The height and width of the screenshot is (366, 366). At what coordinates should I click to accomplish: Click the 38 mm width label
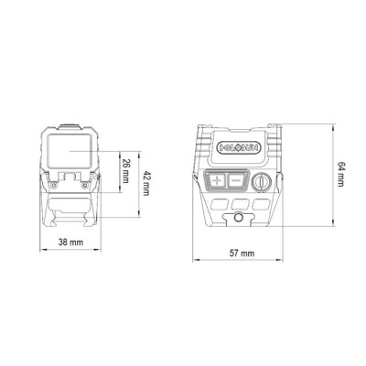click(70, 242)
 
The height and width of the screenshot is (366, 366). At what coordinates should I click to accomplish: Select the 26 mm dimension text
click(125, 171)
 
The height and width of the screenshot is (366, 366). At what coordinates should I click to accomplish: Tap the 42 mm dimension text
click(145, 183)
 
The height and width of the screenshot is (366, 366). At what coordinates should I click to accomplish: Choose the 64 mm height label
click(340, 175)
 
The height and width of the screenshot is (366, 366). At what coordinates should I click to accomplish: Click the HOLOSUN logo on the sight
click(240, 148)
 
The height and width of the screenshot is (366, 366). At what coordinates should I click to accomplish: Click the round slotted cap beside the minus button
click(262, 181)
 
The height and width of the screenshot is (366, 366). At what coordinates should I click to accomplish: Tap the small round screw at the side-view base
click(239, 218)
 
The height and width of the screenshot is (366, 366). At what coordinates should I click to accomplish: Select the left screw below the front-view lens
click(53, 185)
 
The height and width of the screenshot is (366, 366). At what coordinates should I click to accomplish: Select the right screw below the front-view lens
click(84, 185)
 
